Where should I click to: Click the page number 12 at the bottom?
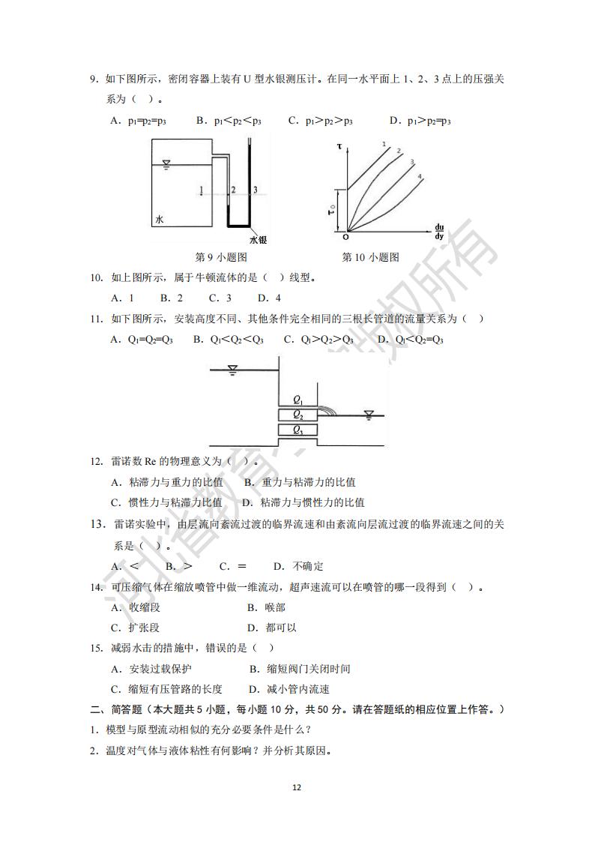point(297,787)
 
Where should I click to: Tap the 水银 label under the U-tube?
point(258,239)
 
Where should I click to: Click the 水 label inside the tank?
point(160,220)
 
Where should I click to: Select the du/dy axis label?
point(438,232)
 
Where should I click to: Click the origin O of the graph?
point(345,237)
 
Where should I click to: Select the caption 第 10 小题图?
point(370,257)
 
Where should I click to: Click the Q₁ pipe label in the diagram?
point(297,400)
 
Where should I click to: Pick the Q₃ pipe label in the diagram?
point(297,430)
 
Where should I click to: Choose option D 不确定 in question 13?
point(298,566)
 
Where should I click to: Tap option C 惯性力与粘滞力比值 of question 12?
point(166,502)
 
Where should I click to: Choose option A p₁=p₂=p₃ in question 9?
point(138,120)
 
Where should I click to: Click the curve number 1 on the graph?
point(384,144)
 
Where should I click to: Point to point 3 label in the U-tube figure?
point(256,190)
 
